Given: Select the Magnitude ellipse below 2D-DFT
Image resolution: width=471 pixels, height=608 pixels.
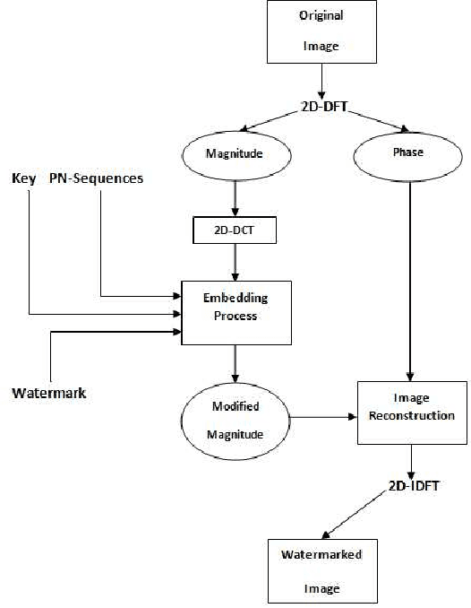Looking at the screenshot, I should (235, 153).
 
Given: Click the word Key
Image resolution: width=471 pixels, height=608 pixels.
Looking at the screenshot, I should (24, 179).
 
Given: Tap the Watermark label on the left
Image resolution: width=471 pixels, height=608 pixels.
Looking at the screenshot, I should (49, 393).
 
